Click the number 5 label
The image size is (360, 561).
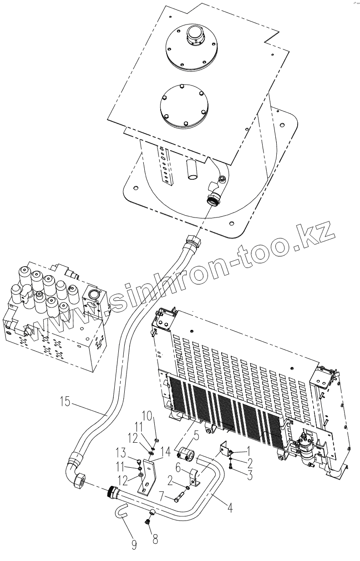[196, 436]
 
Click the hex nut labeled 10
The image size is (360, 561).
[156, 440]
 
